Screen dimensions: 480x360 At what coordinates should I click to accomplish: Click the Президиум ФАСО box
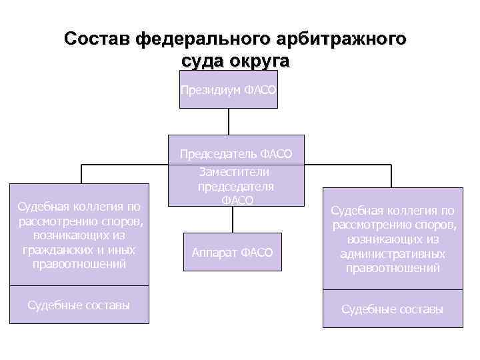tap(228, 89)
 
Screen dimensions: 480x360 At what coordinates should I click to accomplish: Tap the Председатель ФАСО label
tap(236, 154)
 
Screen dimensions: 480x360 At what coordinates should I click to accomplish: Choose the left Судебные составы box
tap(79, 305)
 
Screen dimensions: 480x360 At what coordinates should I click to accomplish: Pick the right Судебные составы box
tap(392, 309)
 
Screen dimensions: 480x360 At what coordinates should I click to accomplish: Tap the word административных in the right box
tap(393, 255)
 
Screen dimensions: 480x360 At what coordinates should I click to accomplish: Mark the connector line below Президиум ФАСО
tap(229, 121)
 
